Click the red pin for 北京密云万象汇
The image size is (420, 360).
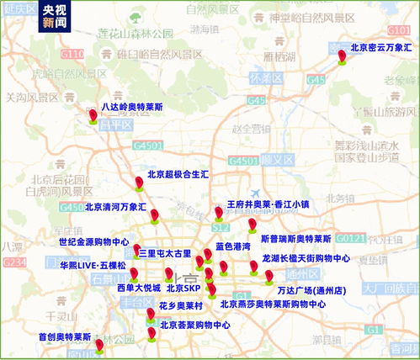342,57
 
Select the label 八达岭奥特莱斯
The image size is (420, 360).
132,107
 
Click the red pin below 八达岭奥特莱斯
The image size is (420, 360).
93,117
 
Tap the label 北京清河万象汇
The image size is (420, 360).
115,206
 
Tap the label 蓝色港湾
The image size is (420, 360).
232,246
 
